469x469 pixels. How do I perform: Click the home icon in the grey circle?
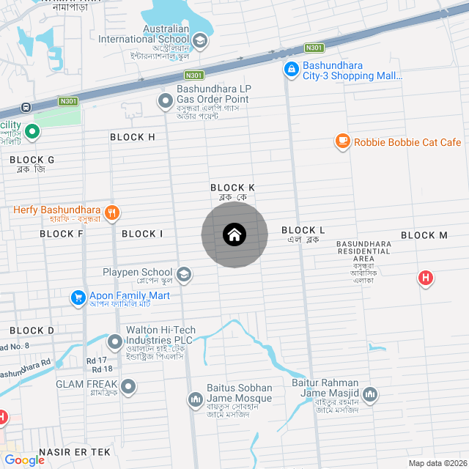point(234,235)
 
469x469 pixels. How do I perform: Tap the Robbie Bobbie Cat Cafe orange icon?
point(342,141)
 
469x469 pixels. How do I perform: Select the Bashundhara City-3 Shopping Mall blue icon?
point(291,70)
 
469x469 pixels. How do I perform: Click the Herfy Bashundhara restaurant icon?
point(111,213)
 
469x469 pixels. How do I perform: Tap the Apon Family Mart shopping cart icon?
point(78,298)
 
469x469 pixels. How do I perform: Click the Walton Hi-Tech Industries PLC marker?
point(115,341)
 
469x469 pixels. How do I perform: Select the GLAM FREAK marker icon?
point(129,385)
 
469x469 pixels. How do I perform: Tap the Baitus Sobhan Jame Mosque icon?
point(195,399)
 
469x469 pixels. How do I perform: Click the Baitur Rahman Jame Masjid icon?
point(370,394)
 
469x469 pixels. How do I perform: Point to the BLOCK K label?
point(232,188)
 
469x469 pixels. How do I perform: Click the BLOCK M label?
point(424,235)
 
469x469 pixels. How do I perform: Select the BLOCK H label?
point(133,137)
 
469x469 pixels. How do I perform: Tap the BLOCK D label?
point(32,330)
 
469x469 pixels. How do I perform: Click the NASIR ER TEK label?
point(74,452)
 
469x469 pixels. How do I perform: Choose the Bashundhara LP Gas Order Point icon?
point(166,100)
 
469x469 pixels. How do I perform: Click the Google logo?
point(24,459)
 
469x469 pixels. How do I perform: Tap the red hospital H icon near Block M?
point(425,278)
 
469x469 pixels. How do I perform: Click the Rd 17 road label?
point(96,360)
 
